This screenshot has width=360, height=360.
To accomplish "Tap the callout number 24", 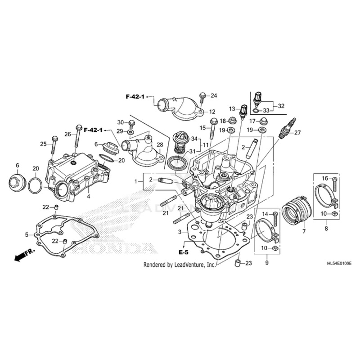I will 214,95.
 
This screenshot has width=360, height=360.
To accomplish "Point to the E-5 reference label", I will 183,252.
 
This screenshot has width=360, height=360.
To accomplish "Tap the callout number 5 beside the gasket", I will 27,234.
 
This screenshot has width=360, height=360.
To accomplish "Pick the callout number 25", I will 43,144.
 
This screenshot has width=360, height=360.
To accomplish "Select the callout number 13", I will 232,109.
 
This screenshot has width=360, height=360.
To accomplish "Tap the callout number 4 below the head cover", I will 89,197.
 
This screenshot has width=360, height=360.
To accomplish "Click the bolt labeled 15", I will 215,127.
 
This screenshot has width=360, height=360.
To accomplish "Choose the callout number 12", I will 212,112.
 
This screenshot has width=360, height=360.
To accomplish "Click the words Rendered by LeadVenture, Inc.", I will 180,265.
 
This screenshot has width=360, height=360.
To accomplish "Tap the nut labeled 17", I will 263,121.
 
